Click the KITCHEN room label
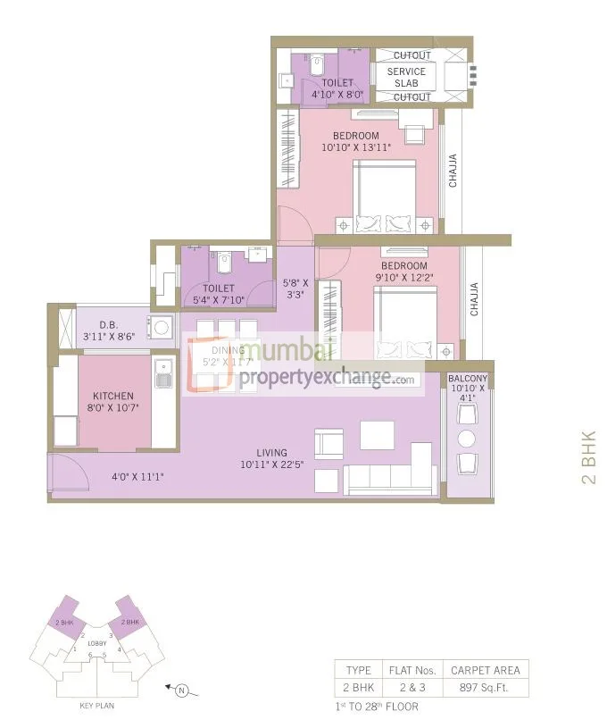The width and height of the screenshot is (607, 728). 113,396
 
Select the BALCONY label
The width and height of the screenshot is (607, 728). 467,378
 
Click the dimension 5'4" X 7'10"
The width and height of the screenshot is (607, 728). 219,300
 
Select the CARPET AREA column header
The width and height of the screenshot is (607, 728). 487,669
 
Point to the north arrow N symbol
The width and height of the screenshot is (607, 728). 181,689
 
